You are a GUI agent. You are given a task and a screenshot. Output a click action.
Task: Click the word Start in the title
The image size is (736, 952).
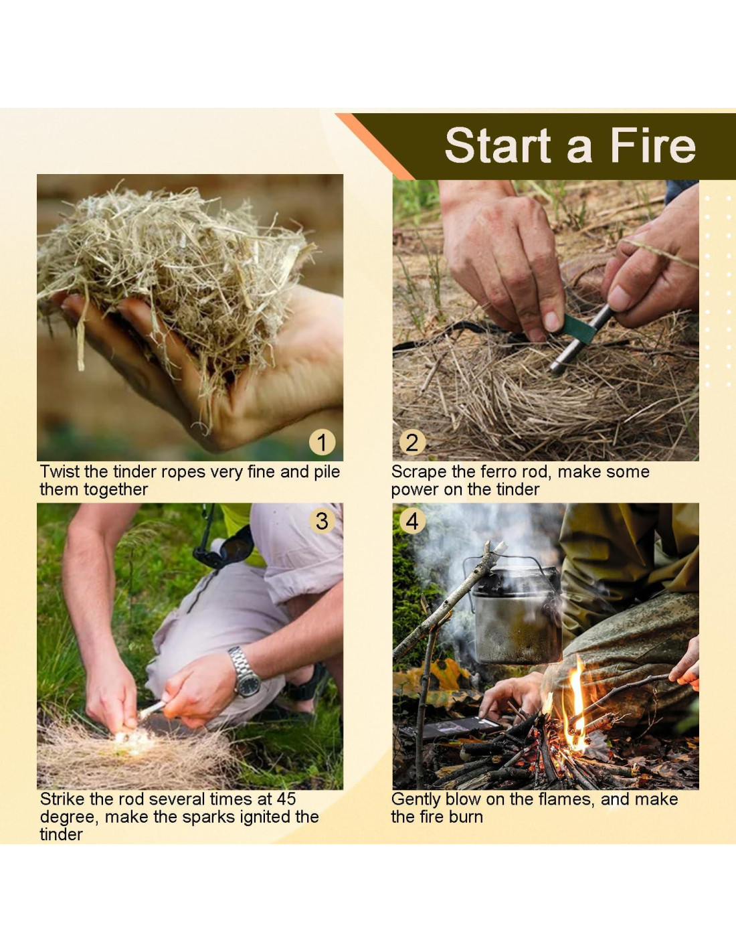(x=498, y=145)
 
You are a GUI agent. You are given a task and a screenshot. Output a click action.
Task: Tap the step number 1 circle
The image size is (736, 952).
(x=323, y=443)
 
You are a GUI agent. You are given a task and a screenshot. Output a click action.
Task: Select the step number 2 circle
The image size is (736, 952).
(x=412, y=443)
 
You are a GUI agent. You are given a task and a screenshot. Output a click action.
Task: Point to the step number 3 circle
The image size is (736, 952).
(x=323, y=522)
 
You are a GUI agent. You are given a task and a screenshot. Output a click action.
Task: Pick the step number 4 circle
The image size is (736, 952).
(x=412, y=522)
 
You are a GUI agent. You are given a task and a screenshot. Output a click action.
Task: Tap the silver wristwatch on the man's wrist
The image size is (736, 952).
(x=246, y=672)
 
